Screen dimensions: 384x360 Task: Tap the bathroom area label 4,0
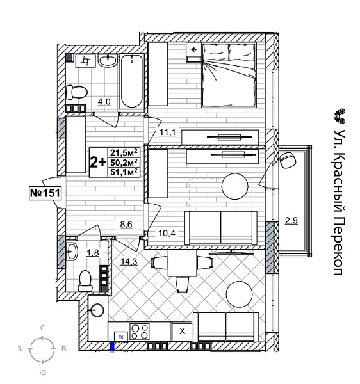pos(104,101)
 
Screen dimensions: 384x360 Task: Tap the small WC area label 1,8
pos(92,252)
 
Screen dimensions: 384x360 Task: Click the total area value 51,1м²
pos(124,172)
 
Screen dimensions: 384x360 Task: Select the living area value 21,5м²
pos(124,152)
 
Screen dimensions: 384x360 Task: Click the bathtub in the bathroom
pos(134,81)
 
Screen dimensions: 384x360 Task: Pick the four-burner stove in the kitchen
pos(140,331)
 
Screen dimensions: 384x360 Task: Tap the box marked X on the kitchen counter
pos(182,331)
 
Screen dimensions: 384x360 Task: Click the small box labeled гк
pos(120,335)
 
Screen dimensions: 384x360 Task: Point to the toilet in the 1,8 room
pos(85,280)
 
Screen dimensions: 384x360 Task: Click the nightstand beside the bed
pos(194,51)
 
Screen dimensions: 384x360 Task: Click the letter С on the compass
pos(43,328)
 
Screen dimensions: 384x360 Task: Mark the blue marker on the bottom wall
pos(113,348)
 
